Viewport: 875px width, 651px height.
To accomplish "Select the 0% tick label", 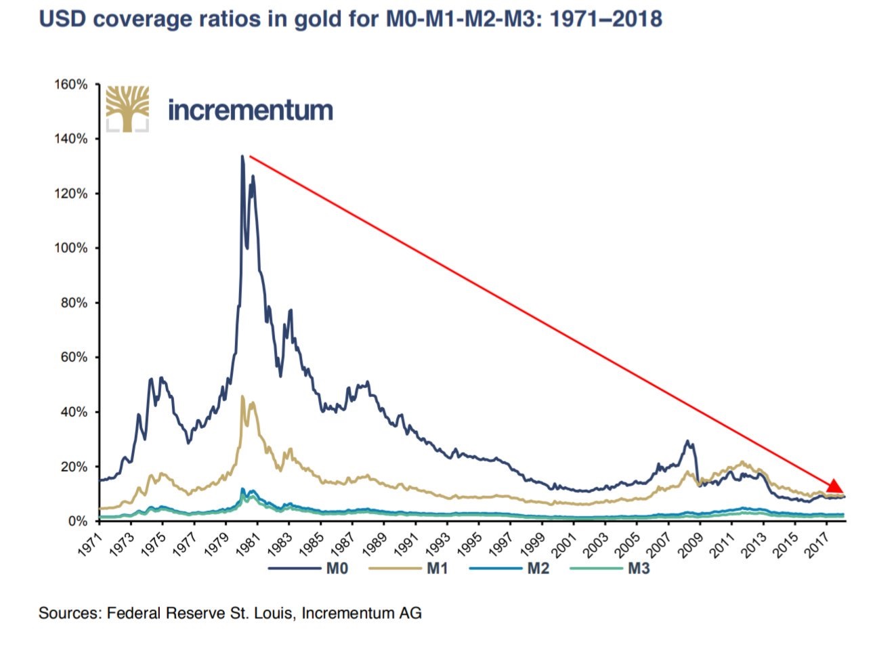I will [x=79, y=522].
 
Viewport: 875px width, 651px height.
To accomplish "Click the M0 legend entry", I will [x=337, y=568].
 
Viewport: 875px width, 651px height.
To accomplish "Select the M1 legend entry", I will [x=437, y=568].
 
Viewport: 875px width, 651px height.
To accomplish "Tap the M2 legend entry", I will [x=538, y=568].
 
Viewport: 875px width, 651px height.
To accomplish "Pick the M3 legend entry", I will [x=638, y=568].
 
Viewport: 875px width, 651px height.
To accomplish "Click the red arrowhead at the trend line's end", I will [x=834, y=486].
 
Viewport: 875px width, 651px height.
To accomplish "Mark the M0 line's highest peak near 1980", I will [x=242, y=156].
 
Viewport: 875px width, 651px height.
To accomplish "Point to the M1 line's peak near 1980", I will [x=242, y=396].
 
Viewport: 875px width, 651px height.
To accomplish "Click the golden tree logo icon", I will [x=127, y=108].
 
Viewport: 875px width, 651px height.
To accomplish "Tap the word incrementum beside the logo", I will [x=250, y=110].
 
